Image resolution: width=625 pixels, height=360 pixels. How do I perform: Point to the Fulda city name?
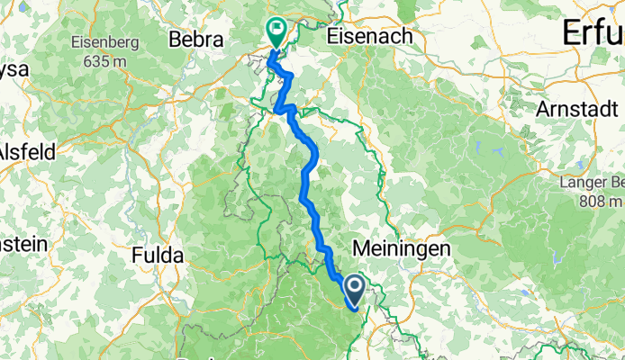[158, 256]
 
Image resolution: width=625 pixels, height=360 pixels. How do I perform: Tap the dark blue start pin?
[353, 290]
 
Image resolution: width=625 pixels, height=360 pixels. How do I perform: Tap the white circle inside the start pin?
[353, 287]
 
